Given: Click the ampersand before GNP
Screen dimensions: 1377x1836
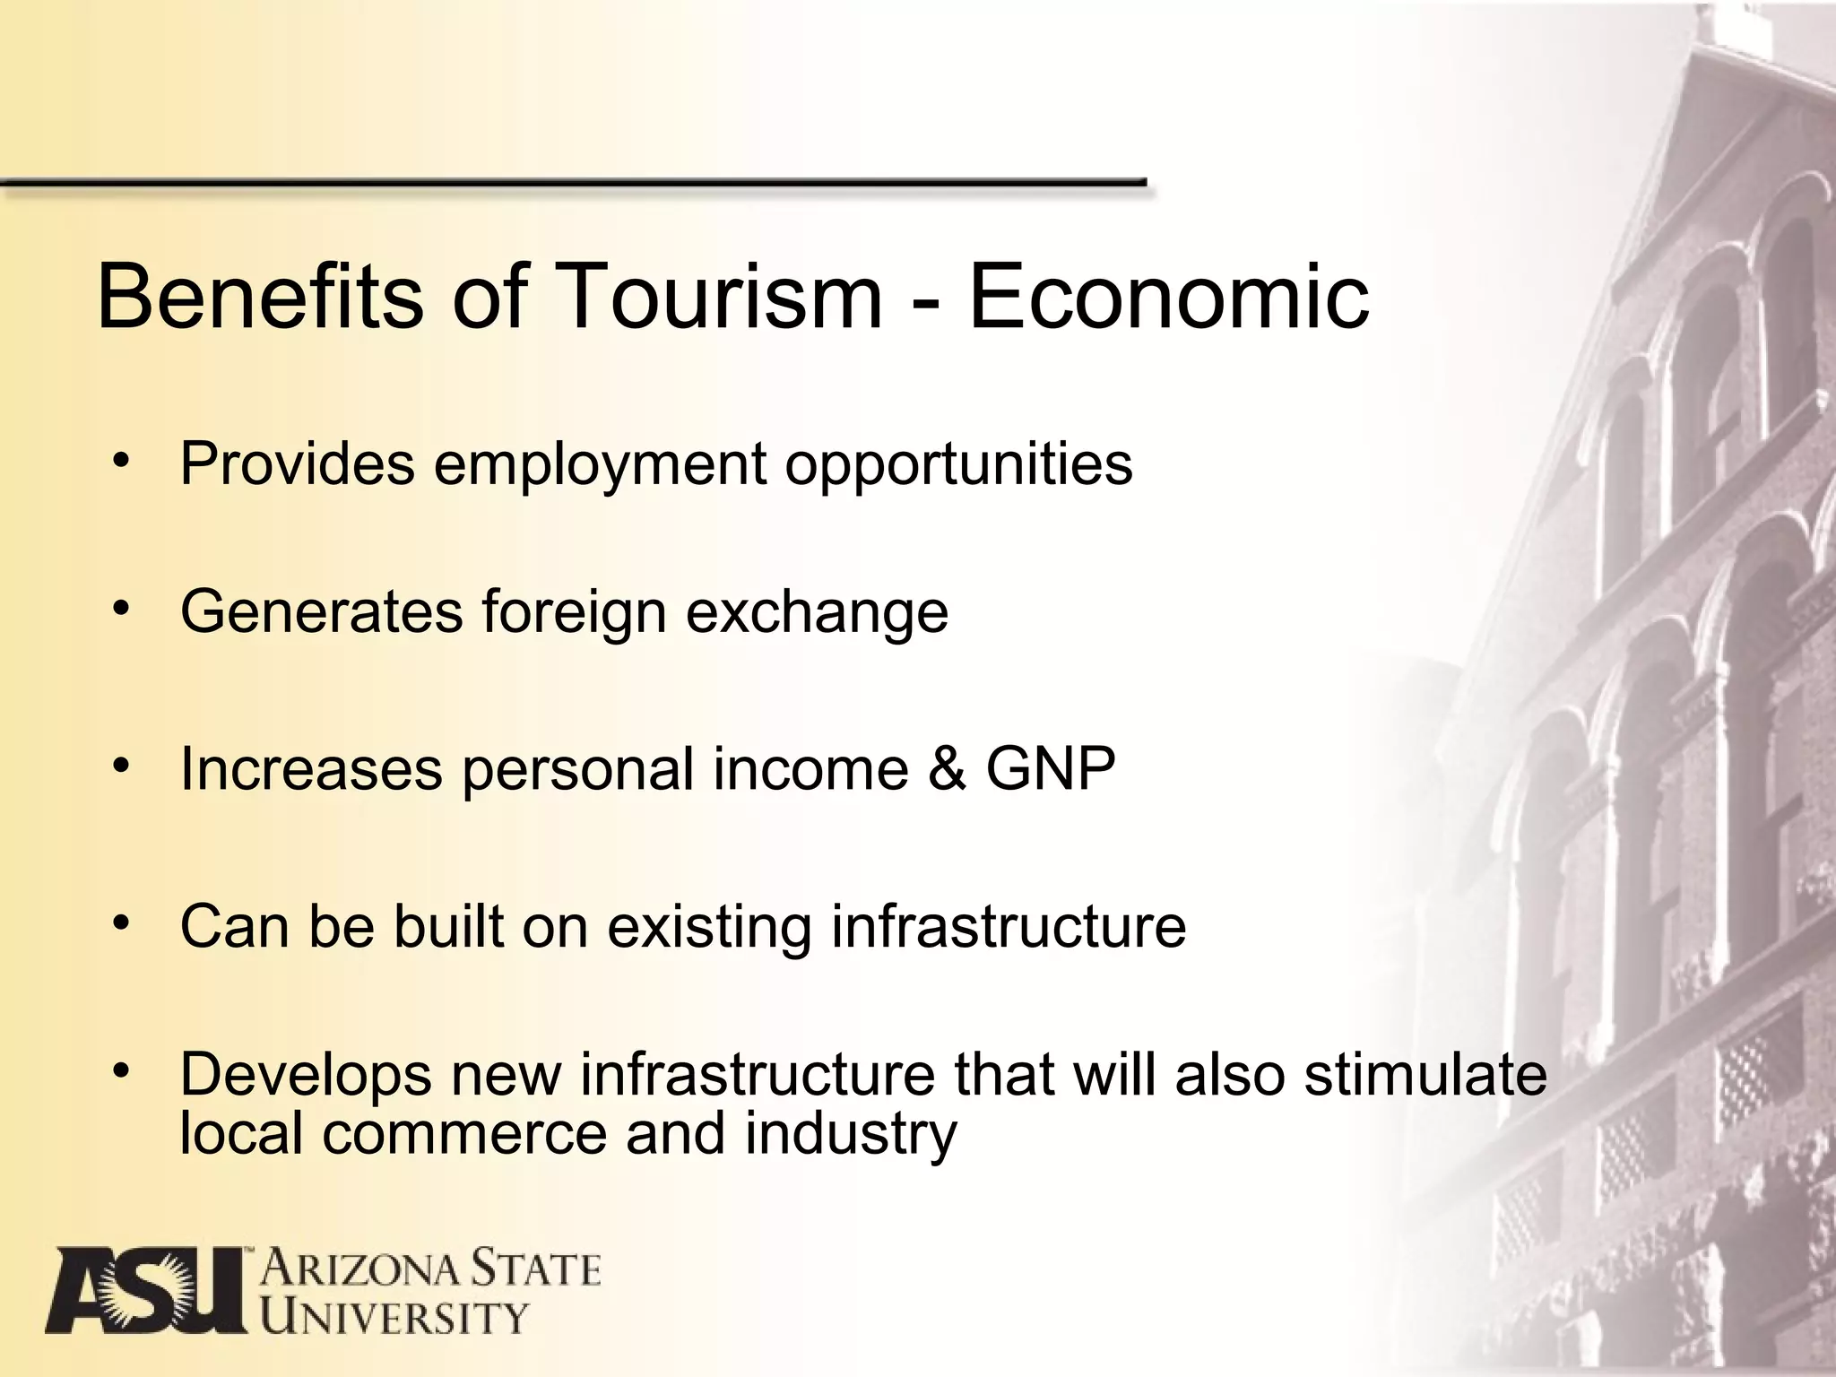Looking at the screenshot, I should (948, 768).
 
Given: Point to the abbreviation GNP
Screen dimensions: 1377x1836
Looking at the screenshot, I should (1051, 768).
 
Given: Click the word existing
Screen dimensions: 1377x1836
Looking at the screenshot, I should (709, 928).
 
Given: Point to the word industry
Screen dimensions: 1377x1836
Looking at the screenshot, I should (851, 1135).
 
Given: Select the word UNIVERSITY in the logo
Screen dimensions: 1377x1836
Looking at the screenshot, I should (394, 1317).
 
